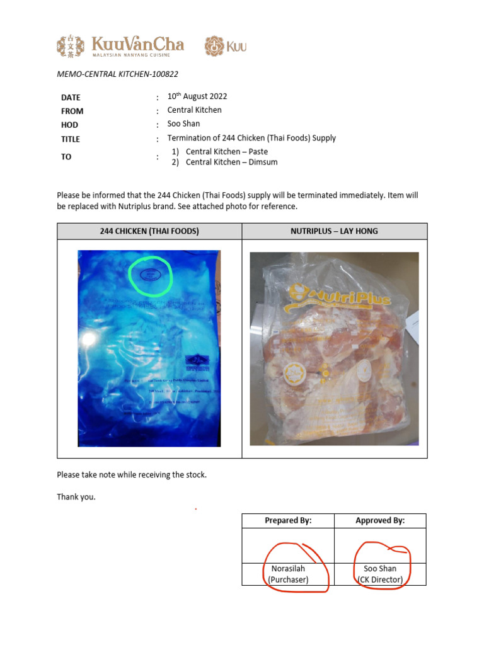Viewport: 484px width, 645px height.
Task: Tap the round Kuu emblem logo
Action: [215, 46]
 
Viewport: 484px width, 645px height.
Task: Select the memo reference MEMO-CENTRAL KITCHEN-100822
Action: [117, 74]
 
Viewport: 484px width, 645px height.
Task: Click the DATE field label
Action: [71, 98]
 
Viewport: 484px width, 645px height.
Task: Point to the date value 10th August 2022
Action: [197, 97]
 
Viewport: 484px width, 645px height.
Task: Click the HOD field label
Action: [69, 125]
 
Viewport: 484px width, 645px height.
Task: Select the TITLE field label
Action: [71, 139]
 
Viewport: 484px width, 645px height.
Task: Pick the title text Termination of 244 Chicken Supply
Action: [251, 138]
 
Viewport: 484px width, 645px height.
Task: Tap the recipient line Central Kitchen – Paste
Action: [226, 152]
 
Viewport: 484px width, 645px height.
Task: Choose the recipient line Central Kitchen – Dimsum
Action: [231, 162]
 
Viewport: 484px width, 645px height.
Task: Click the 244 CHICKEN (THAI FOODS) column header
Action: [149, 231]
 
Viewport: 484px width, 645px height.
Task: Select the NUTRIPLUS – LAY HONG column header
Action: [334, 231]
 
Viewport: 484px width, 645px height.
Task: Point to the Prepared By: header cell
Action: [288, 520]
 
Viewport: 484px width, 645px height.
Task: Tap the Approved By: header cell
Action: [380, 520]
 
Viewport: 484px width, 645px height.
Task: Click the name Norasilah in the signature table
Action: [288, 569]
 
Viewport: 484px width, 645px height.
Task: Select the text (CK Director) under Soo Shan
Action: [380, 579]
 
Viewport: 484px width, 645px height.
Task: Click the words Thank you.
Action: [76, 497]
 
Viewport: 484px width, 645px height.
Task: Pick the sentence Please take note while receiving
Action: [132, 474]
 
